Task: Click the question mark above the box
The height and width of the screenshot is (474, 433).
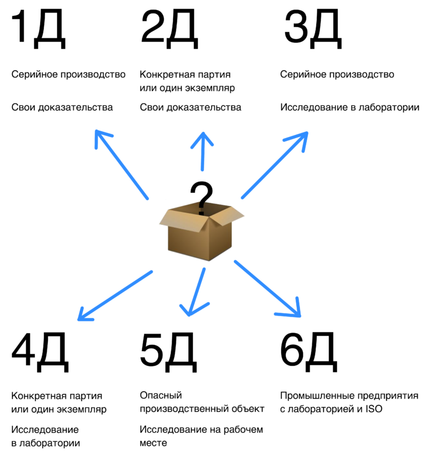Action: [x=201, y=197]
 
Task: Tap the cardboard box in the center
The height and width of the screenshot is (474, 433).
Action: [x=201, y=237]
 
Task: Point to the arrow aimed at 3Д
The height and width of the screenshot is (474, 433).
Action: [x=275, y=165]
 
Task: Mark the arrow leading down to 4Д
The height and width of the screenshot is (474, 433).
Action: [x=116, y=295]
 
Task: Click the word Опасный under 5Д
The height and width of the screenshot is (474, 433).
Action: [x=161, y=396]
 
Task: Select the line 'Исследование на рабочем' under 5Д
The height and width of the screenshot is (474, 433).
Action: [x=201, y=429]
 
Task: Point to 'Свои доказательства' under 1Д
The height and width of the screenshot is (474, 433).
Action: [x=62, y=107]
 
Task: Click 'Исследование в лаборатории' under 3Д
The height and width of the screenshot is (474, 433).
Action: [x=350, y=107]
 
